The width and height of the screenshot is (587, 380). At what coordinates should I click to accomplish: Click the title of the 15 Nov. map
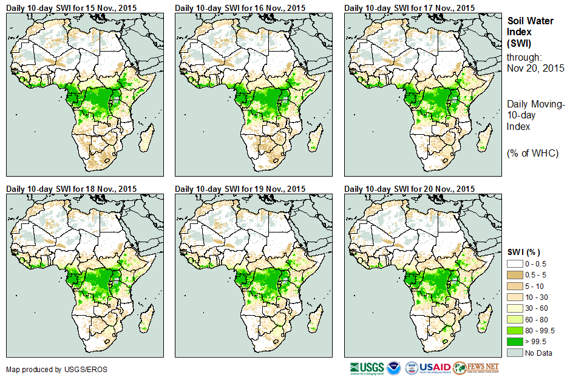(71, 7)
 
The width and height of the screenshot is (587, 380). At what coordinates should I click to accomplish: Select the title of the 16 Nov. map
(240, 7)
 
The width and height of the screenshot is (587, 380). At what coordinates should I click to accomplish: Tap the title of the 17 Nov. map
(409, 7)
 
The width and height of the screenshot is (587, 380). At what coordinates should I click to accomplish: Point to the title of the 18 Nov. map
(71, 189)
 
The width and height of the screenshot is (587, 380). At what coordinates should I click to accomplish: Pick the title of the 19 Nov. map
(240, 189)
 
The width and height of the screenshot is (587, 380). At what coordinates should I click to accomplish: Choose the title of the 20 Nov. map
(409, 189)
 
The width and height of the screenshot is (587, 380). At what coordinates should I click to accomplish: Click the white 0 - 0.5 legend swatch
(515, 264)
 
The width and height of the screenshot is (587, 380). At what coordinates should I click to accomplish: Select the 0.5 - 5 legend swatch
(515, 275)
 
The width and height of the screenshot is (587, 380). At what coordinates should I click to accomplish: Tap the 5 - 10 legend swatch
(515, 286)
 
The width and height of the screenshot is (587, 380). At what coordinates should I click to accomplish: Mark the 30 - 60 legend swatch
(515, 308)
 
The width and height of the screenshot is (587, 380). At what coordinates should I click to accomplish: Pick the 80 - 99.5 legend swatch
(515, 330)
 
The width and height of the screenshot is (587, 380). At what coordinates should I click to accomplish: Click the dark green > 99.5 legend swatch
(515, 341)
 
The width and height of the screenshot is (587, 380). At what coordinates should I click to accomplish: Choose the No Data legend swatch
(515, 352)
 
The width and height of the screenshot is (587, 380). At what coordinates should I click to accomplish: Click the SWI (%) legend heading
(523, 252)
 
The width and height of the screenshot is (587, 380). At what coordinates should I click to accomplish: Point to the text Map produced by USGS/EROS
(42, 369)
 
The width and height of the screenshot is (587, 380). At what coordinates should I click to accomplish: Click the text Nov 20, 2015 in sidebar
(535, 68)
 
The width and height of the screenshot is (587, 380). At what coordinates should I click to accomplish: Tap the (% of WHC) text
(532, 153)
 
